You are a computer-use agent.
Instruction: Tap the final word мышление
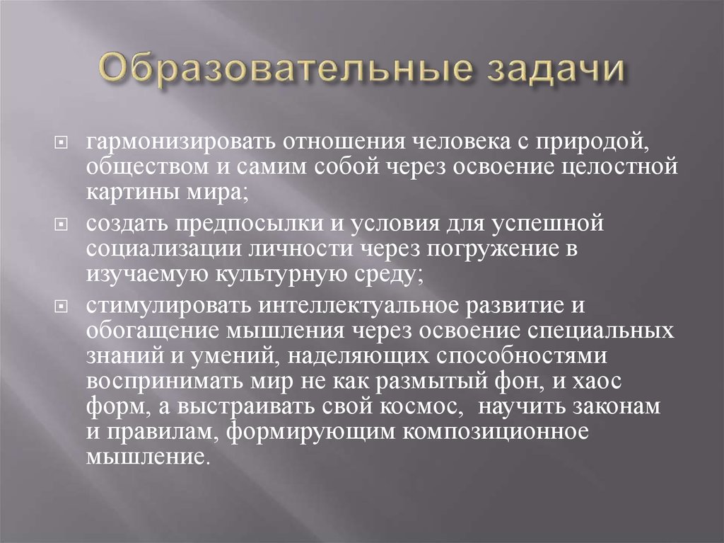pos(148,457)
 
